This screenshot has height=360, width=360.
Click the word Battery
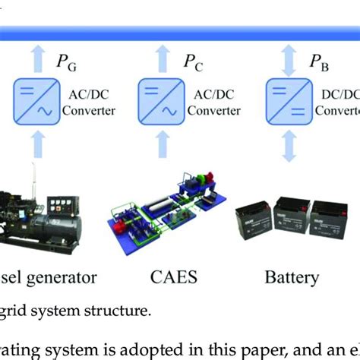pyautogui.click(x=292, y=276)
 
